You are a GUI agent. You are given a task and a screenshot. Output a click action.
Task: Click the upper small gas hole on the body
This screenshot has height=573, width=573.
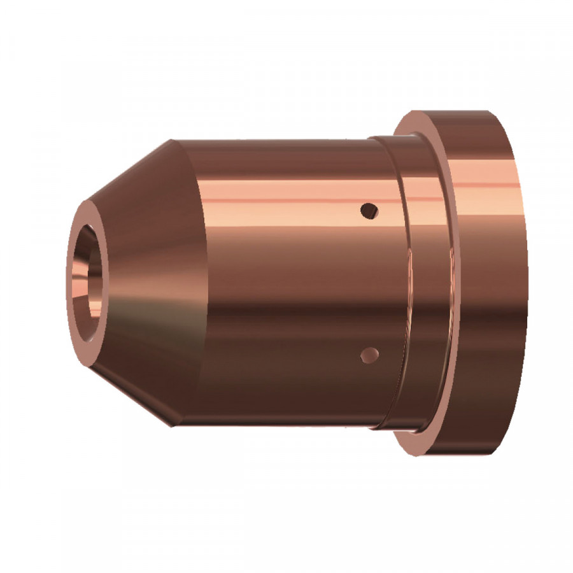coord(369,209)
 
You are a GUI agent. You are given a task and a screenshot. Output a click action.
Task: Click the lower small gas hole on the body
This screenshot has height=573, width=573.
coord(369,355)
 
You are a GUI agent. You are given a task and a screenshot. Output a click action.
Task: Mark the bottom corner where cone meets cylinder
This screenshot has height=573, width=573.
coord(171,425)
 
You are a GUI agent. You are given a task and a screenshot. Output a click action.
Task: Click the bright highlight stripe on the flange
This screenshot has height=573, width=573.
coord(484,185)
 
